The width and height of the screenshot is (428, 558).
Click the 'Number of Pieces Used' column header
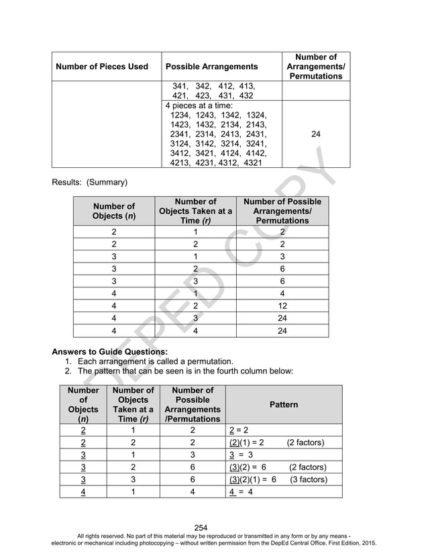coord(101,66)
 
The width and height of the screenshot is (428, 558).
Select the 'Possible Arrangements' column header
coord(211,66)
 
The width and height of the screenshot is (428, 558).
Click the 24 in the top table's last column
coord(316,134)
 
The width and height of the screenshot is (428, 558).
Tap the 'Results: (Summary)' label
coord(90,182)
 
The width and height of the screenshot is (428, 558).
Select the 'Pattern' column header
coord(284,405)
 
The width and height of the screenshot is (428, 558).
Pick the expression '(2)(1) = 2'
coord(246,443)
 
